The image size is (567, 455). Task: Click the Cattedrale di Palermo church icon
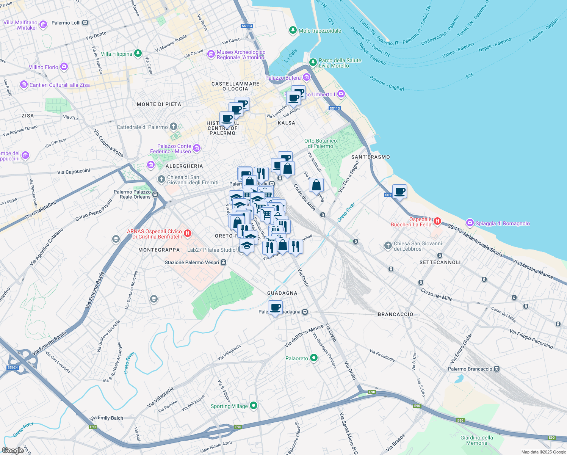click(174, 126)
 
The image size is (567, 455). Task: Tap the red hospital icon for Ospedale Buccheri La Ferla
click(437, 221)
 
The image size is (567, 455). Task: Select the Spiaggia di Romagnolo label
click(502, 223)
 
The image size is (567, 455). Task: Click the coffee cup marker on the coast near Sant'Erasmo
click(399, 191)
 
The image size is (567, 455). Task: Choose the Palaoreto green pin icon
click(313, 358)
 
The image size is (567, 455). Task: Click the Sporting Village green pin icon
click(254, 406)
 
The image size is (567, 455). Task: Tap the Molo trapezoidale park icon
click(293, 30)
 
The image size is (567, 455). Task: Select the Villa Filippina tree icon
click(138, 53)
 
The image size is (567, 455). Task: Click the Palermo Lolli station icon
click(85, 23)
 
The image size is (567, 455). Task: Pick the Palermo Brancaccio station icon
click(497, 369)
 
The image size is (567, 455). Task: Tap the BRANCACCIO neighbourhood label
click(395, 314)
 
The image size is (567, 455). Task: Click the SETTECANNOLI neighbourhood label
click(440, 262)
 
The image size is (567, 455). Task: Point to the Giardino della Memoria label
click(476, 440)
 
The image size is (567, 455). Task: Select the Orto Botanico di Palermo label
click(320, 143)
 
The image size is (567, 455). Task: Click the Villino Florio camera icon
click(64, 67)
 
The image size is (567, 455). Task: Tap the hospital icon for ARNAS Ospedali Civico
click(187, 233)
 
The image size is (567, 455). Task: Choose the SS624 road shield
click(13, 367)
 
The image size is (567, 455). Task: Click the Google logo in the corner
click(13, 450)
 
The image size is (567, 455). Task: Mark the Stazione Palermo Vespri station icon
click(224, 262)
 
